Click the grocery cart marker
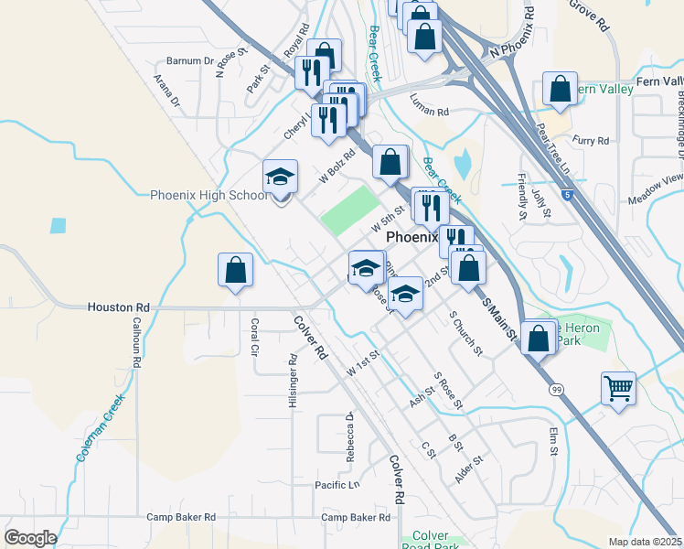click(619, 389)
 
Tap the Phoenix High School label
click(209, 195)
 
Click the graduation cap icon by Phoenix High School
click(281, 177)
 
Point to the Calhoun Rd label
click(136, 342)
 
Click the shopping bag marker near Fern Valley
click(560, 89)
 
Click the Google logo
click(30, 538)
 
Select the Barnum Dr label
click(189, 62)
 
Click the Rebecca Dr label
click(349, 436)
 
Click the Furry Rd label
click(591, 141)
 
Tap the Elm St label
click(553, 441)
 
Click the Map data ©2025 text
click(645, 542)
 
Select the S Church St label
click(465, 334)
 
